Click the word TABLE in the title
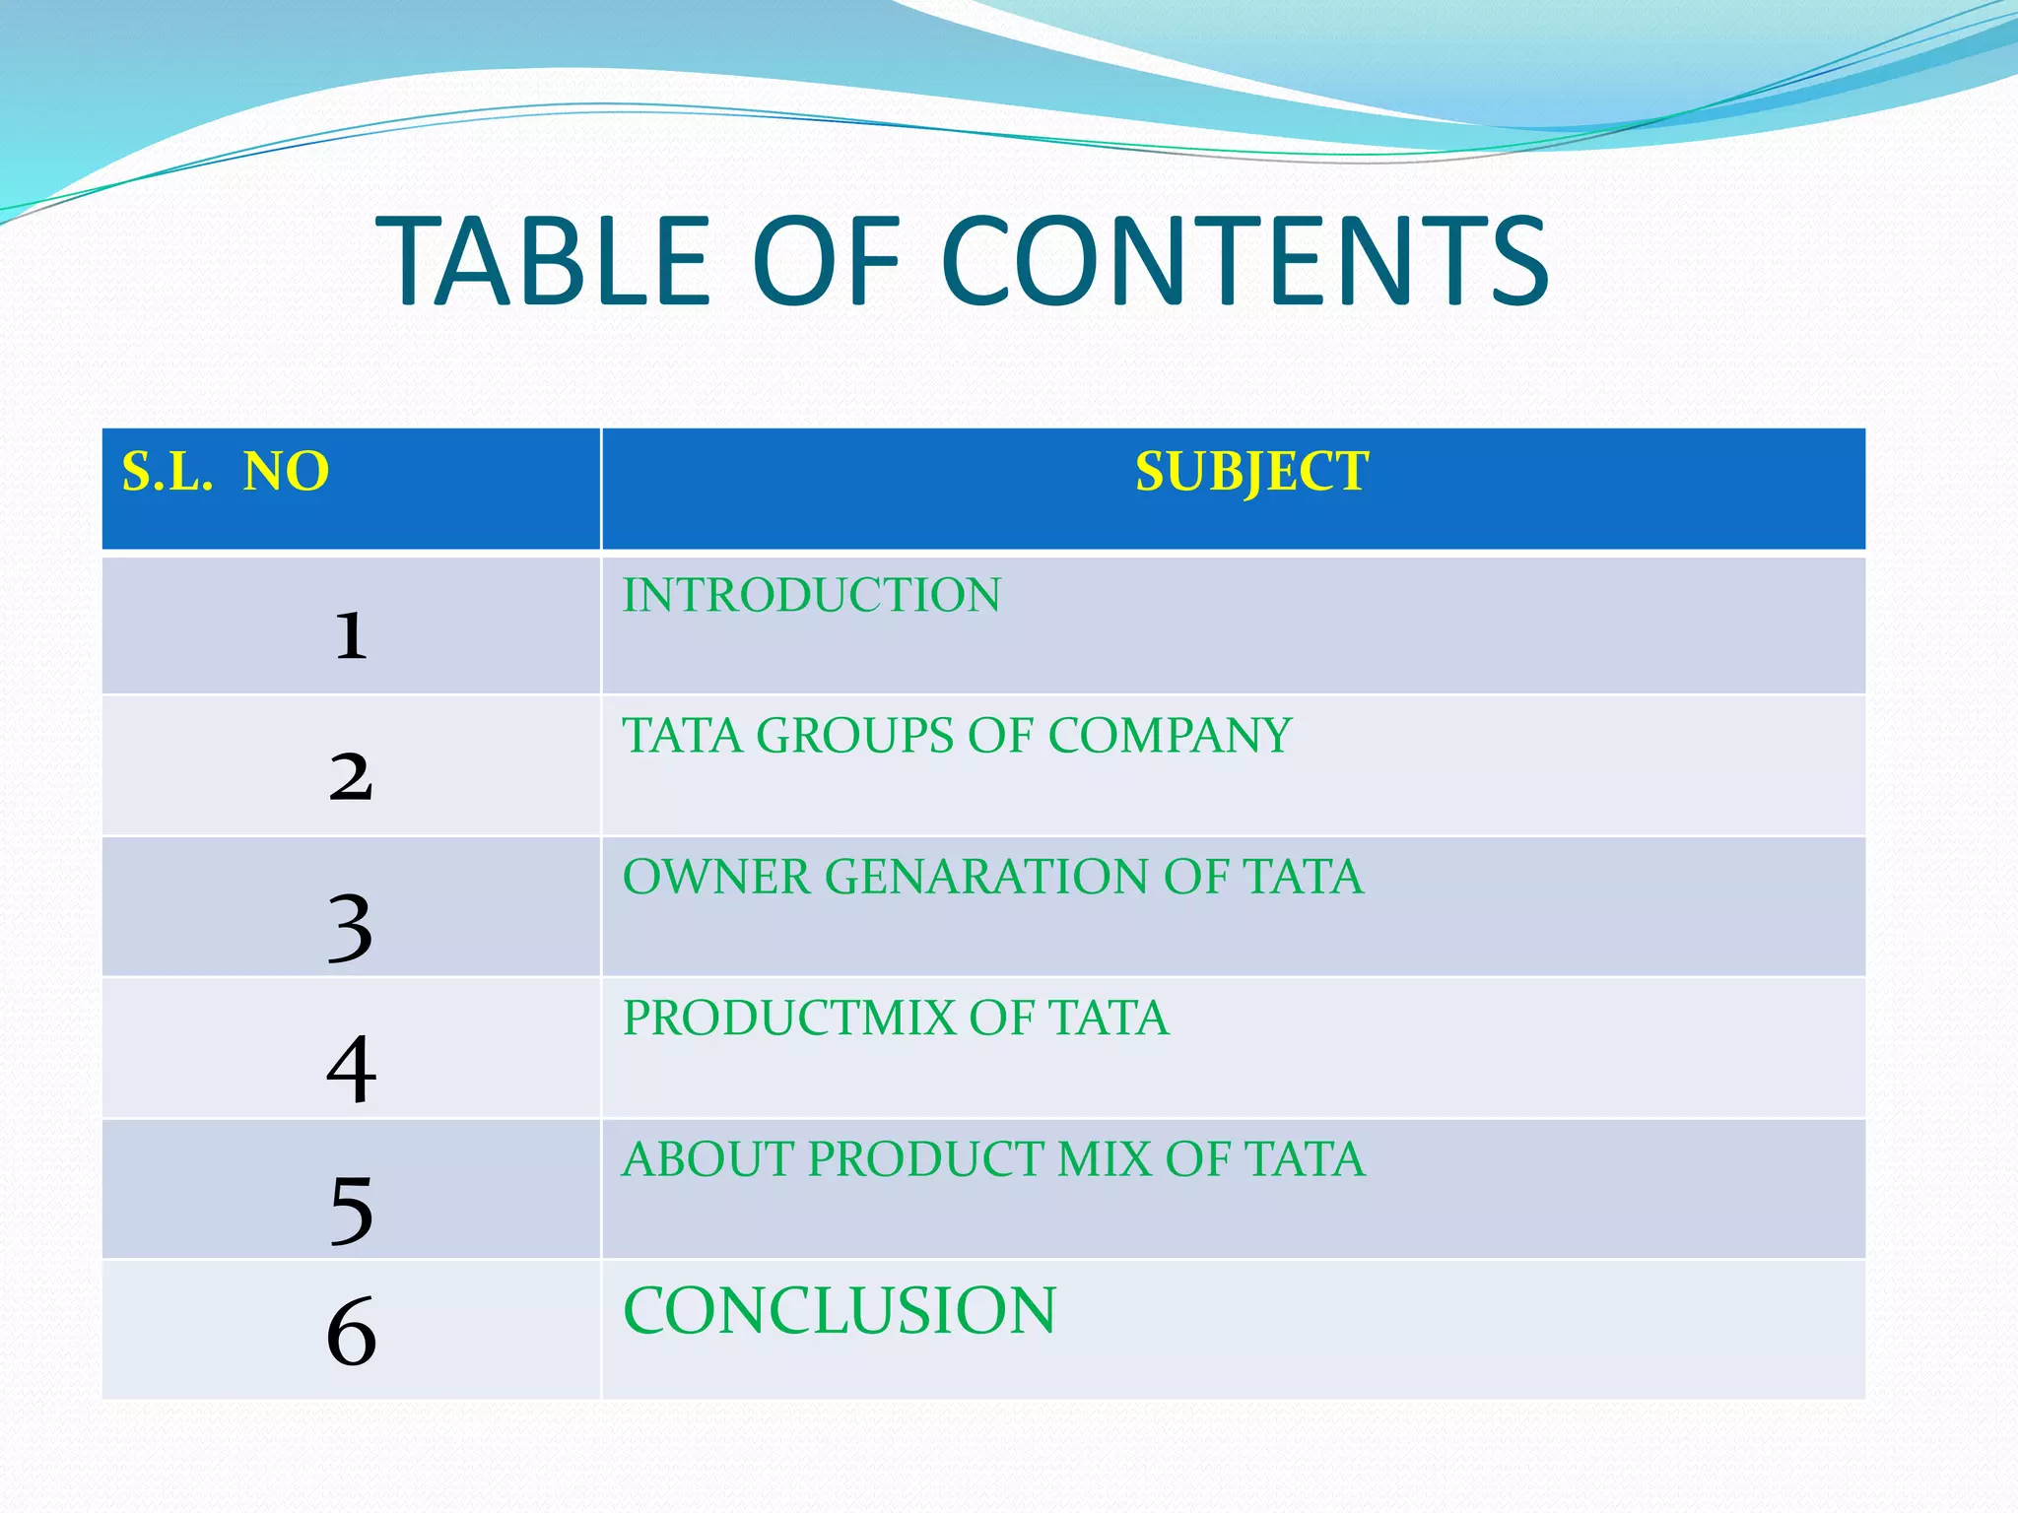[543, 262]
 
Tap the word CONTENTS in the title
[1244, 262]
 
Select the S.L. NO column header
[226, 471]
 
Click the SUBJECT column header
[1251, 471]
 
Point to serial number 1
[351, 635]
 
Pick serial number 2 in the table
[351, 776]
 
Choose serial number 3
[351, 927]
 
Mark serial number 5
[351, 1210]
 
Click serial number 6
[351, 1331]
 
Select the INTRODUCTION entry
[811, 596]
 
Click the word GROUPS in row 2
[854, 736]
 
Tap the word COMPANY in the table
[1169, 736]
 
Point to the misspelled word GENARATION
[985, 877]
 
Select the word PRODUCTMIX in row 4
[788, 1019]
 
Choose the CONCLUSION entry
[840, 1311]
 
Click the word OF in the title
[826, 262]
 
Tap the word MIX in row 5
[1104, 1159]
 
